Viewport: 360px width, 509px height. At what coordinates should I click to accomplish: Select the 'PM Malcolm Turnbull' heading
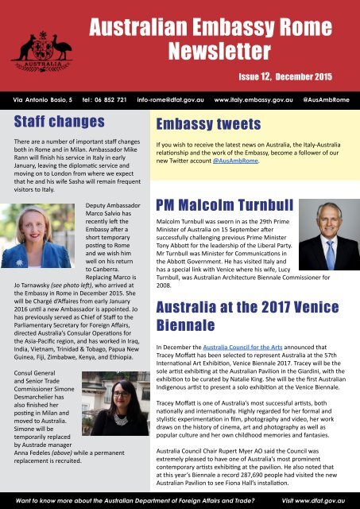pyautogui.click(x=230, y=201)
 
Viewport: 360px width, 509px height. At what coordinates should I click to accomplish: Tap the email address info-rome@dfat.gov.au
pyautogui.click(x=170, y=103)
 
